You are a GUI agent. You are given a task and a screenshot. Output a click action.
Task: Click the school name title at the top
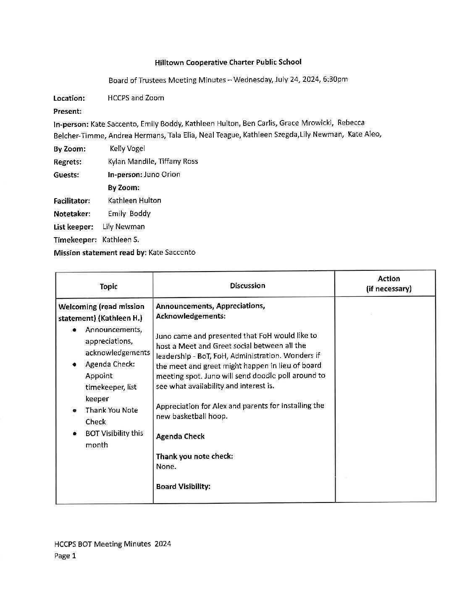(x=228, y=62)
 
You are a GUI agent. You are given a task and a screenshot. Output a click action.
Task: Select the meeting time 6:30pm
(x=335, y=79)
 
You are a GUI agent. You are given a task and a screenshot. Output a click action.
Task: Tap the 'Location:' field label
(x=69, y=98)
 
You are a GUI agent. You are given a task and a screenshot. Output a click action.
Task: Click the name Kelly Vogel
(x=127, y=149)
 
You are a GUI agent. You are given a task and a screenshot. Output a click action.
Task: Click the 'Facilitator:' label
(x=72, y=201)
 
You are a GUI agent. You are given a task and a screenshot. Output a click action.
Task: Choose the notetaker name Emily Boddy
(x=129, y=214)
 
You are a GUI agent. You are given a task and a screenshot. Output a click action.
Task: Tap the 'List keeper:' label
(x=74, y=227)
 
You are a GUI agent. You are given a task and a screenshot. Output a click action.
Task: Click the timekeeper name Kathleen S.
(x=121, y=240)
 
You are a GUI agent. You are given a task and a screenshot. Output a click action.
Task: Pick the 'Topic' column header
(x=108, y=286)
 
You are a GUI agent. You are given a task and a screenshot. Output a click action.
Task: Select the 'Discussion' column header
(x=247, y=286)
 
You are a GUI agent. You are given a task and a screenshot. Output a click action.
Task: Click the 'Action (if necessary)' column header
(x=389, y=284)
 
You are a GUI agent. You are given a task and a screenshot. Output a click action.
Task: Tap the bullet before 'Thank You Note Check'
(x=74, y=411)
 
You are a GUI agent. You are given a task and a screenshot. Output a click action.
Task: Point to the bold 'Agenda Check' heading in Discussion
(x=180, y=437)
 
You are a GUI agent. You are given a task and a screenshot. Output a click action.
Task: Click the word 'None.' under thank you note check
(x=166, y=466)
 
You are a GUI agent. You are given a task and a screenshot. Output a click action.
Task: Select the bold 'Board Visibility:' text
(x=183, y=486)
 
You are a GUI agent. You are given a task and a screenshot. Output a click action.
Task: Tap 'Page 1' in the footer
(x=65, y=556)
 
